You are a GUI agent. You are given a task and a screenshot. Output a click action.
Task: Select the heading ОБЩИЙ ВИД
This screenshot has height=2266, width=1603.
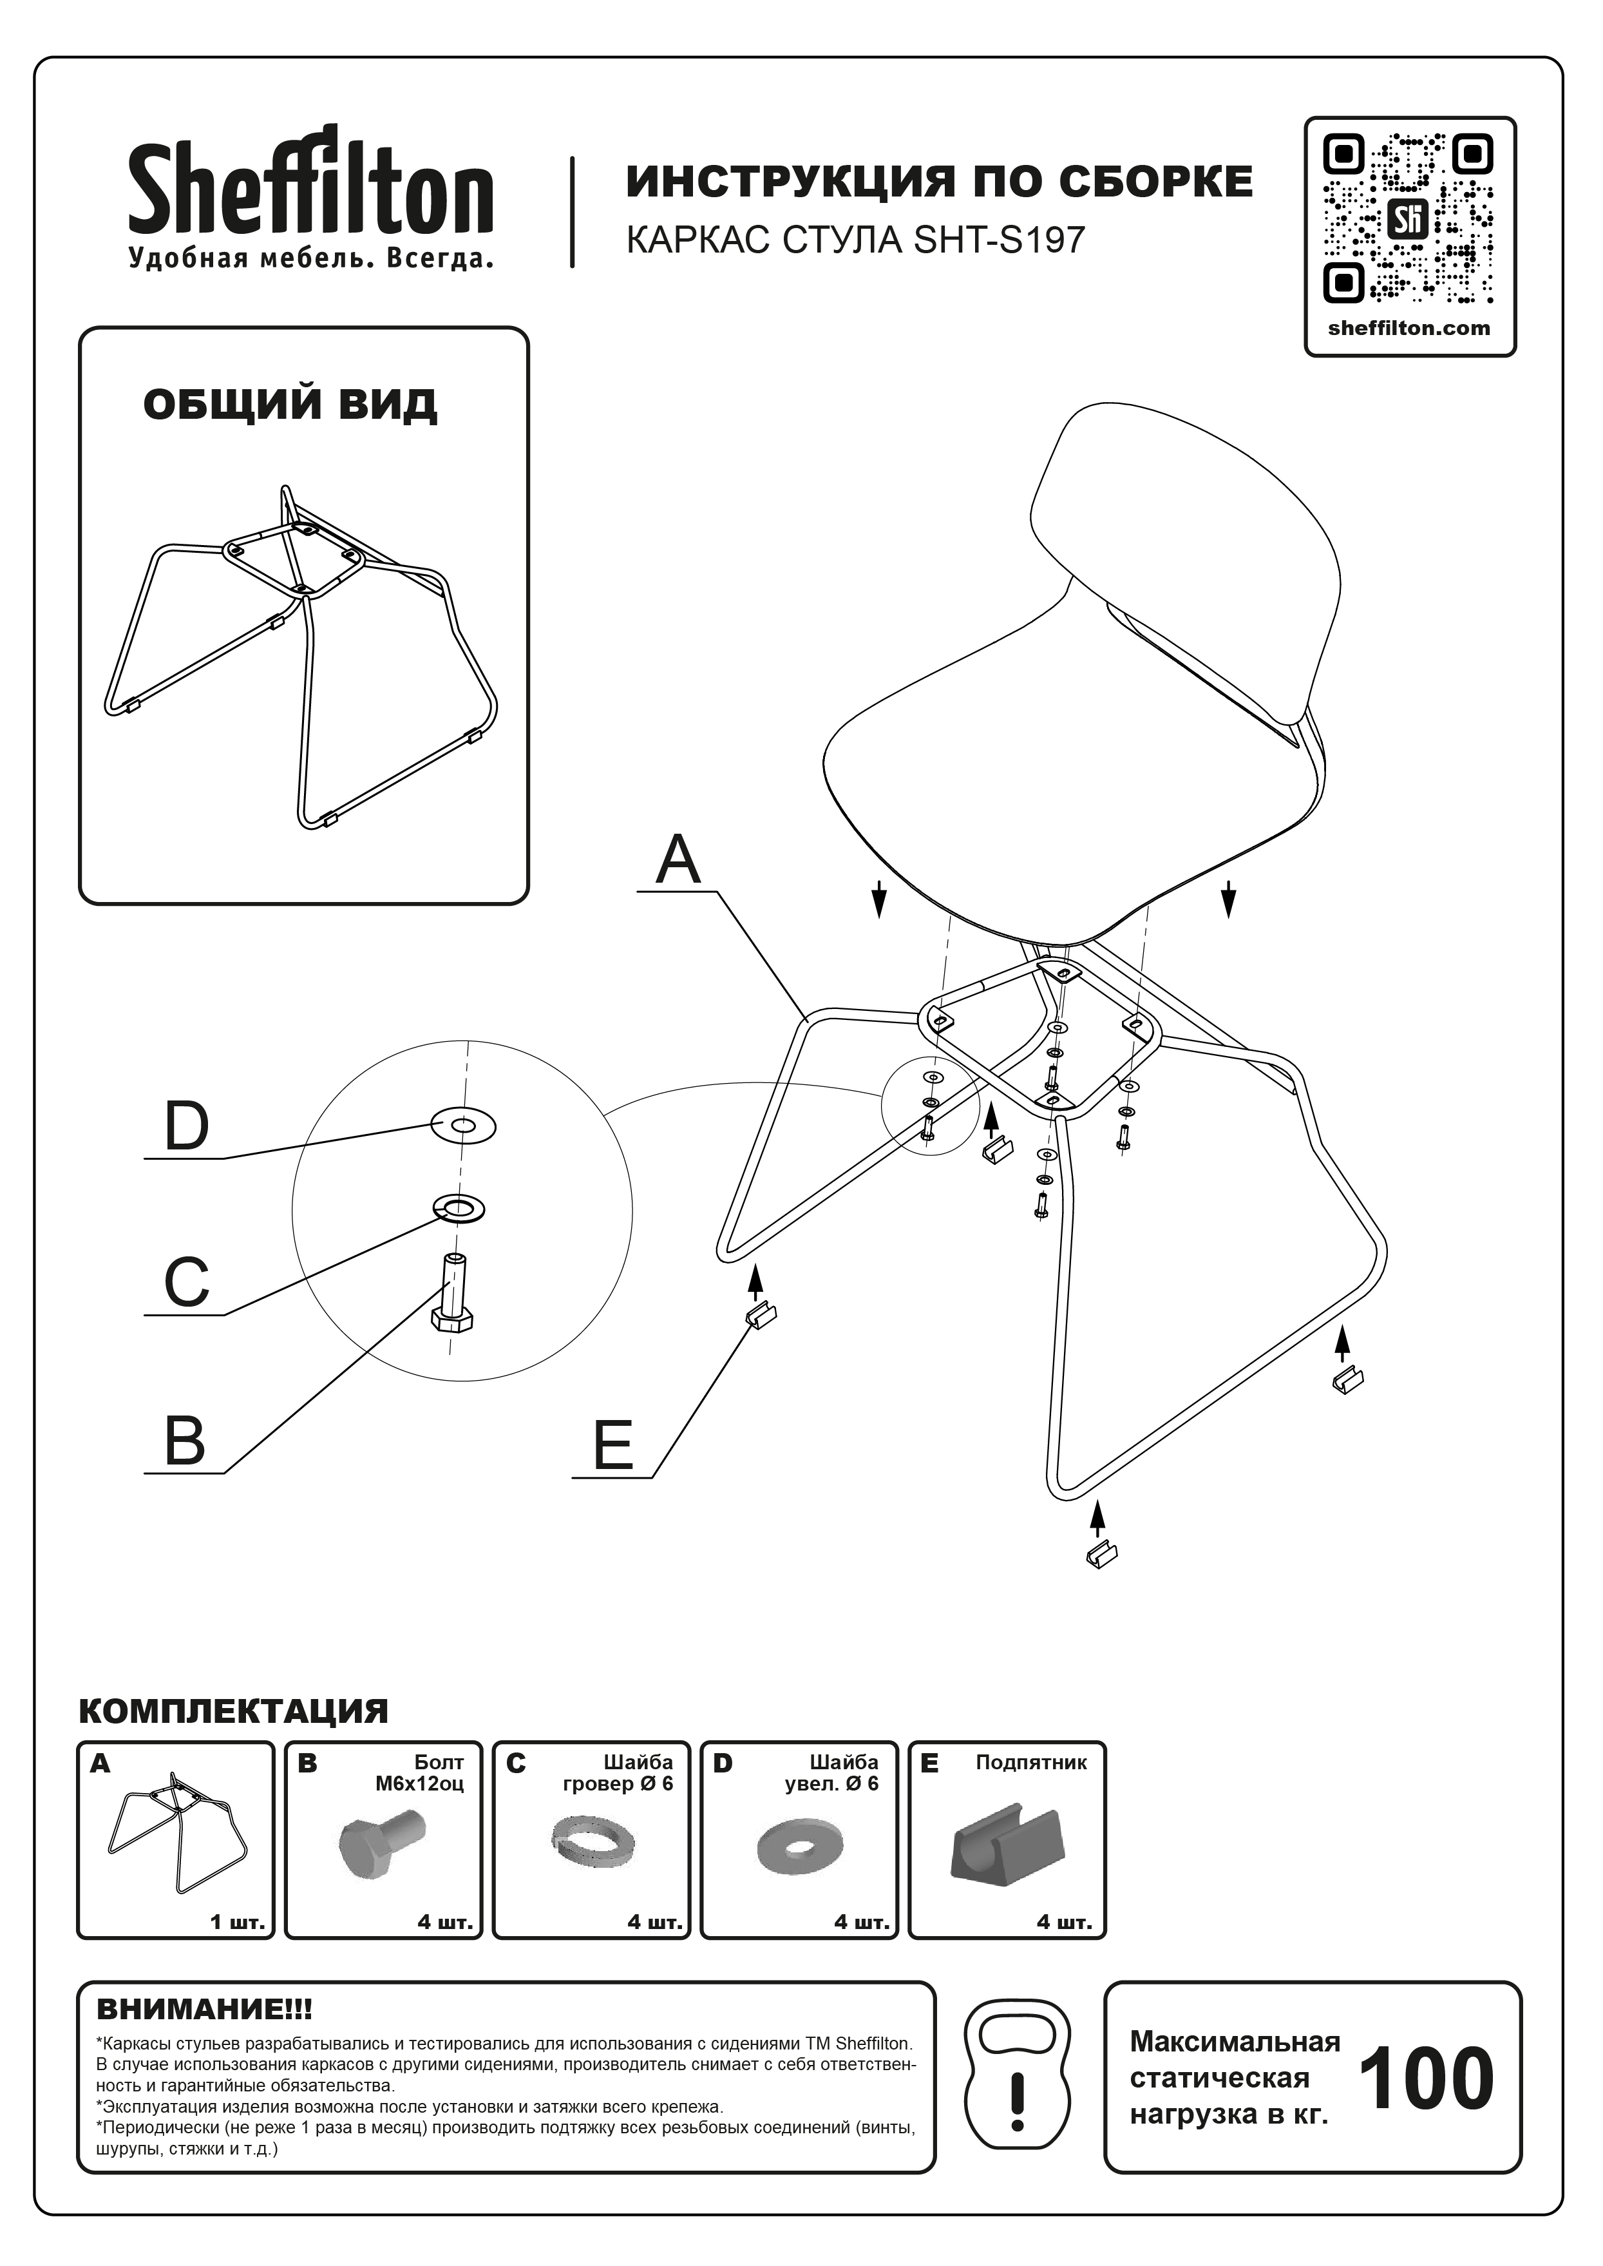pyautogui.click(x=290, y=405)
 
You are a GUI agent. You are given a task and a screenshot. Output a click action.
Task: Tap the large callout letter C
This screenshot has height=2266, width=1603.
pyautogui.click(x=187, y=1282)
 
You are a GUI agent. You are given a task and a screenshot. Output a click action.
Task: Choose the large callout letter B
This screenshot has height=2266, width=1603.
pyautogui.click(x=185, y=1441)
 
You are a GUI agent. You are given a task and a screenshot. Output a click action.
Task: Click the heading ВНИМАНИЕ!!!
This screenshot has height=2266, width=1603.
pyautogui.click(x=204, y=2010)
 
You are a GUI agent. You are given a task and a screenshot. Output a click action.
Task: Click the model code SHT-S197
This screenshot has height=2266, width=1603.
pyautogui.click(x=1000, y=240)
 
